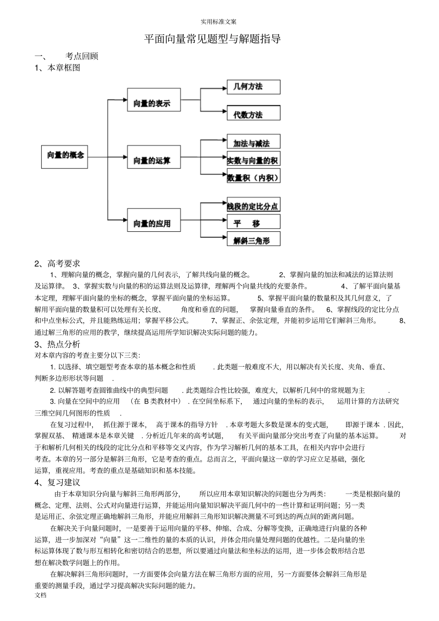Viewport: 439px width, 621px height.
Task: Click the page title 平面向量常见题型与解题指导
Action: (213, 39)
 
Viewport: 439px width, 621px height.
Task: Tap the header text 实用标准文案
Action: (219, 22)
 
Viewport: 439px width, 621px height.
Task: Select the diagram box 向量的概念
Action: (65, 156)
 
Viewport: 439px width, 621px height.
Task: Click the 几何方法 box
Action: (253, 86)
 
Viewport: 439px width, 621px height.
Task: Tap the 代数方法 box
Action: (253, 114)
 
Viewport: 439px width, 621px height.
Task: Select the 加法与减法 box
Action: (253, 142)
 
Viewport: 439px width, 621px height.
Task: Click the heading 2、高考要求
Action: (57, 264)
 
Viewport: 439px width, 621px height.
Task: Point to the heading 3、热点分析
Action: (57, 344)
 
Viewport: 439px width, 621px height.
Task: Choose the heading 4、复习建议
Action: (57, 482)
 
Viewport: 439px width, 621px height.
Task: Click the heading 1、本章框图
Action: (57, 68)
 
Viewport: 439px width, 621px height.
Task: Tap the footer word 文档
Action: (41, 595)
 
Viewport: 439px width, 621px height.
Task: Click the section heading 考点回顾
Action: (82, 56)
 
